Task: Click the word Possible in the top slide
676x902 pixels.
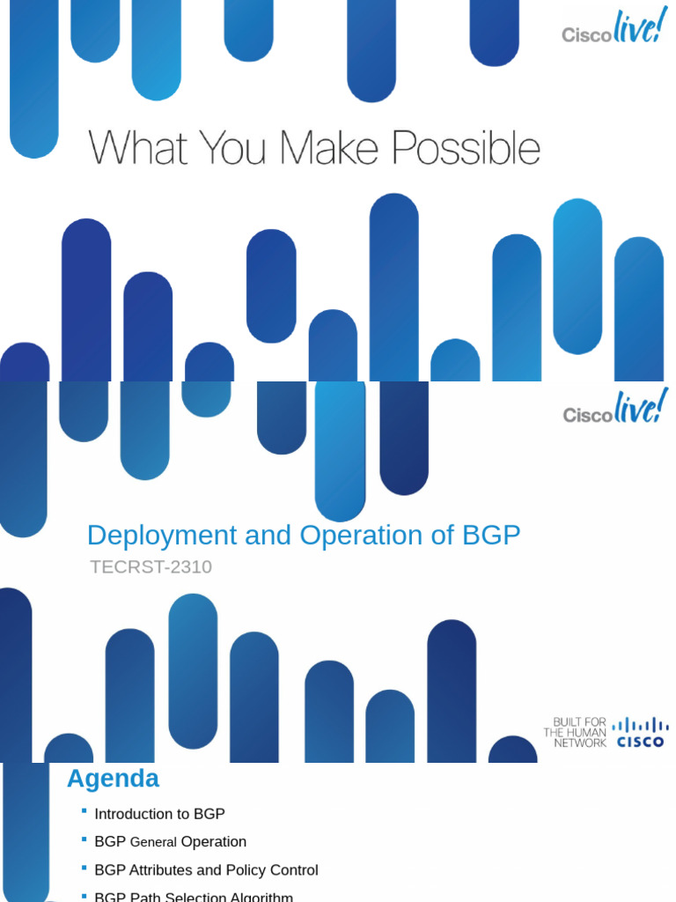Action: [466, 149]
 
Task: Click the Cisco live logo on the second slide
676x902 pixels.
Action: [614, 409]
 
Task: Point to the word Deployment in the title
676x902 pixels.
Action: [162, 535]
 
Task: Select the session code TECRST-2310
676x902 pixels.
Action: [151, 567]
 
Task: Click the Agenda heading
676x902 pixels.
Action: [113, 779]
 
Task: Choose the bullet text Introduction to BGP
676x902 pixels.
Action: [159, 814]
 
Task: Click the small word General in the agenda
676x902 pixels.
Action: [153, 843]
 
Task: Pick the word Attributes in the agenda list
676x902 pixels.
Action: [162, 870]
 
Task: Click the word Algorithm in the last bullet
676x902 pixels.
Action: [260, 897]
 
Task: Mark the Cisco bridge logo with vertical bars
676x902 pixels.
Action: [641, 733]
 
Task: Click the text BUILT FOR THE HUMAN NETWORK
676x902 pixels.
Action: [575, 733]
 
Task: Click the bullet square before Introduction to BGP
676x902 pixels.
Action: [84, 810]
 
